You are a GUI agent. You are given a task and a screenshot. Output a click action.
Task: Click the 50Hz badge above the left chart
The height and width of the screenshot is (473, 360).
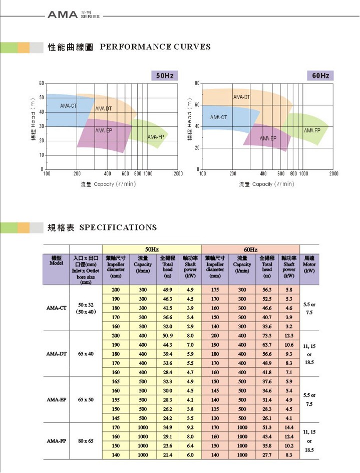pyautogui.click(x=165, y=76)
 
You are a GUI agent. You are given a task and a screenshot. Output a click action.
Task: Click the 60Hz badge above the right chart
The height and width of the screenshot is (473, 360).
pyautogui.click(x=320, y=76)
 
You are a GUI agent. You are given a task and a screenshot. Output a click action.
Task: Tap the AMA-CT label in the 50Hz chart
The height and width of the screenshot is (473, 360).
pyautogui.click(x=68, y=106)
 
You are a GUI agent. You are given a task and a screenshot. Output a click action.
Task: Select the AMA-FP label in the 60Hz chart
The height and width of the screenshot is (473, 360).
pyautogui.click(x=312, y=130)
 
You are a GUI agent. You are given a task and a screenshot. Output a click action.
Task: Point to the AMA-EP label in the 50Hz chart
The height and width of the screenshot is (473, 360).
pyautogui.click(x=103, y=130)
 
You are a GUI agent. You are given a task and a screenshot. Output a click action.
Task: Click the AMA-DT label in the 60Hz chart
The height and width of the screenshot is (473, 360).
pyautogui.click(x=241, y=97)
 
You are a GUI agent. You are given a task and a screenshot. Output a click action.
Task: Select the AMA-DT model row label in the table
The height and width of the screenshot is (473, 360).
pyautogui.click(x=57, y=353)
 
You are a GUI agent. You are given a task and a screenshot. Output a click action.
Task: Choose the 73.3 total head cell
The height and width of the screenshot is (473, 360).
pyautogui.click(x=266, y=335)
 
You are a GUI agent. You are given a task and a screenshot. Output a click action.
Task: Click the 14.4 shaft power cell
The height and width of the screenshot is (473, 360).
pyautogui.click(x=288, y=427)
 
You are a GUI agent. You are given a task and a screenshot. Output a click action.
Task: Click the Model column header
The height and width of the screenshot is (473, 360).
pyautogui.click(x=57, y=261)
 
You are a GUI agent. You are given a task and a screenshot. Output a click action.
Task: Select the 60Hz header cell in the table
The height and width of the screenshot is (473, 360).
pyautogui.click(x=250, y=249)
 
